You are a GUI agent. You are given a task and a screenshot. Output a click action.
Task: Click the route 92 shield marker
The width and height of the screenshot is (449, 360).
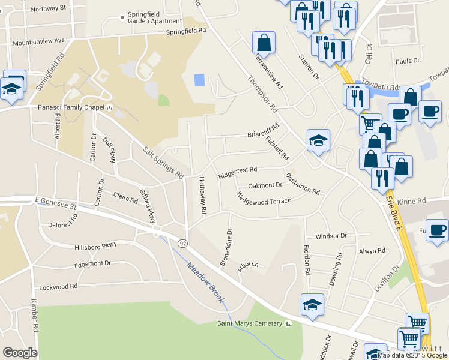[181, 242]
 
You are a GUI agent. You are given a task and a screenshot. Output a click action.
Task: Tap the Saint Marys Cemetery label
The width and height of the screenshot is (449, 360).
[249, 324]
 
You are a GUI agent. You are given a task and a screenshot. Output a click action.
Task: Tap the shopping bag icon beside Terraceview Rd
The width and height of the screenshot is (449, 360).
[264, 43]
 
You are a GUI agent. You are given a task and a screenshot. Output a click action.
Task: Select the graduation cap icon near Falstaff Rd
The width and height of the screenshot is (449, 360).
[318, 140]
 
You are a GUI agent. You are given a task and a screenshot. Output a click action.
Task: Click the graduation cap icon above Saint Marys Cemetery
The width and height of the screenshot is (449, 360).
[312, 304]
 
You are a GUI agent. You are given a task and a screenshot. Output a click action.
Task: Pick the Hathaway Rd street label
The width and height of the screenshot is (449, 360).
[203, 195]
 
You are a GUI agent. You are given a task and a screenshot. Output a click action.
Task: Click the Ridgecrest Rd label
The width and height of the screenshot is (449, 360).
[238, 173]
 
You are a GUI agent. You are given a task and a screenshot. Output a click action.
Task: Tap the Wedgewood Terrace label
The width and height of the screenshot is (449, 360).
[264, 198]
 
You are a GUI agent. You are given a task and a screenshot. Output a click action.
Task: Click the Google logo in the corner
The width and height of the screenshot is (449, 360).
[20, 352]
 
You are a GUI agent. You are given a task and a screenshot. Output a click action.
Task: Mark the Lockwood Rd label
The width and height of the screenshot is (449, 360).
[58, 287]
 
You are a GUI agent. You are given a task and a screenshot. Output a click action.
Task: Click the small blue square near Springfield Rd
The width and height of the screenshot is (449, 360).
[200, 79]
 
